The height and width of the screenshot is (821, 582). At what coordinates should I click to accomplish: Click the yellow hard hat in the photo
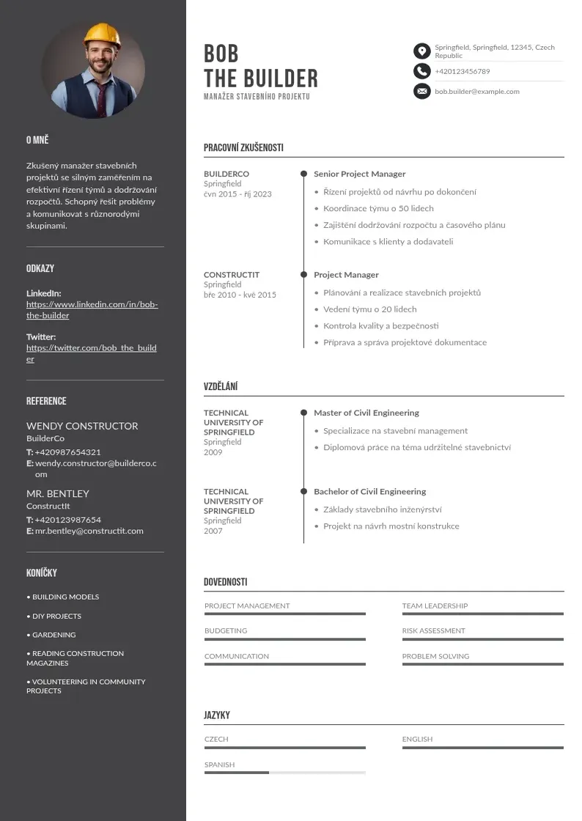pyautogui.click(x=102, y=34)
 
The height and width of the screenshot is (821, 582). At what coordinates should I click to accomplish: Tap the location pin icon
pyautogui.click(x=421, y=51)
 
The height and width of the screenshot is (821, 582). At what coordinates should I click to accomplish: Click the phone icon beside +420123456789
pyautogui.click(x=421, y=71)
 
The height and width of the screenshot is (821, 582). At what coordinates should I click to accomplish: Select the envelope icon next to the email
pyautogui.click(x=421, y=92)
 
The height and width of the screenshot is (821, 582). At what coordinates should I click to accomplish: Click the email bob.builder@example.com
pyautogui.click(x=476, y=92)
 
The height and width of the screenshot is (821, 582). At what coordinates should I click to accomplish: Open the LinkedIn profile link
pyautogui.click(x=92, y=309)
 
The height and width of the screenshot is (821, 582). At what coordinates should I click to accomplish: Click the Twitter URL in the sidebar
pyautogui.click(x=91, y=353)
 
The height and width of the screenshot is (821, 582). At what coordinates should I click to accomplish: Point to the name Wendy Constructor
pyautogui.click(x=82, y=426)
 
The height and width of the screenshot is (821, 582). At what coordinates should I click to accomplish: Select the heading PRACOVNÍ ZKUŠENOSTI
pyautogui.click(x=243, y=147)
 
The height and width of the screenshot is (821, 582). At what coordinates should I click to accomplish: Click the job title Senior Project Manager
pyautogui.click(x=359, y=174)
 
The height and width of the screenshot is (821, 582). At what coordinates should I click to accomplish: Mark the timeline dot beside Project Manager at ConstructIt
pyautogui.click(x=303, y=275)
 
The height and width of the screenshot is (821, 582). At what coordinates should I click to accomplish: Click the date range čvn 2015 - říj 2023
pyautogui.click(x=237, y=194)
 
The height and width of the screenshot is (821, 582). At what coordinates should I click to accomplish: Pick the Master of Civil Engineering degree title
pyautogui.click(x=366, y=413)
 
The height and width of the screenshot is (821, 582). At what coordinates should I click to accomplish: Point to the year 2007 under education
pyautogui.click(x=213, y=531)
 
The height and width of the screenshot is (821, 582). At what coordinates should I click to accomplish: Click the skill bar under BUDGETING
pyautogui.click(x=284, y=639)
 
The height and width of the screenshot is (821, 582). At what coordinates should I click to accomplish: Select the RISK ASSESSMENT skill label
pyautogui.click(x=433, y=630)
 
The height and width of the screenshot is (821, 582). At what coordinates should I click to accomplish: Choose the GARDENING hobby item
pyautogui.click(x=54, y=635)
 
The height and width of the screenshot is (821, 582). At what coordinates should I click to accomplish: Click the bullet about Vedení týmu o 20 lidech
pyautogui.click(x=369, y=309)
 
